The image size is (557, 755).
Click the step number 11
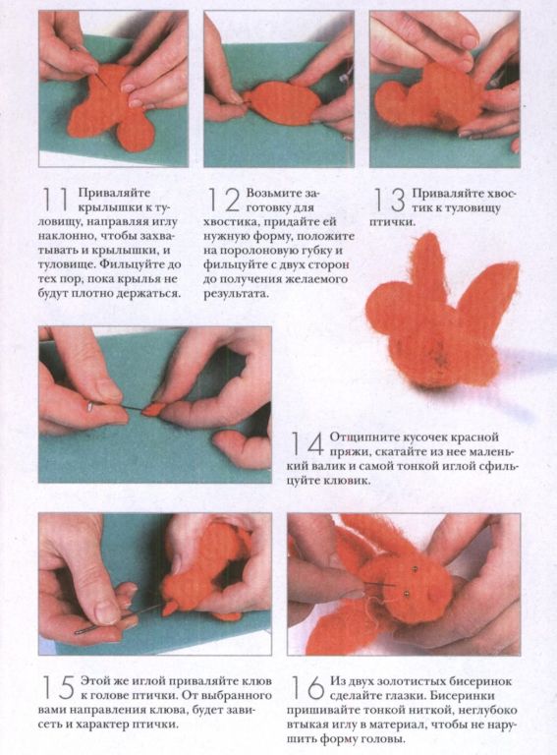(x=55, y=200)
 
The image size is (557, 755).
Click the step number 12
(x=224, y=200)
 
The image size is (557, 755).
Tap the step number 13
(x=390, y=200)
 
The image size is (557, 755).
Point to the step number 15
(x=59, y=687)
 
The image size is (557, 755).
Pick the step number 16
(x=308, y=687)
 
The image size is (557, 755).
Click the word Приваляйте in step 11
(x=114, y=193)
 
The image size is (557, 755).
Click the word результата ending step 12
(x=236, y=293)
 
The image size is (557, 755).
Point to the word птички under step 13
(x=392, y=222)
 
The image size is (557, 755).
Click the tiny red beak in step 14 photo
(x=155, y=410)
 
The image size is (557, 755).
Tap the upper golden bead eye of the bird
(x=414, y=569)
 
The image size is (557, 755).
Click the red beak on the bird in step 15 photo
(x=168, y=608)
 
